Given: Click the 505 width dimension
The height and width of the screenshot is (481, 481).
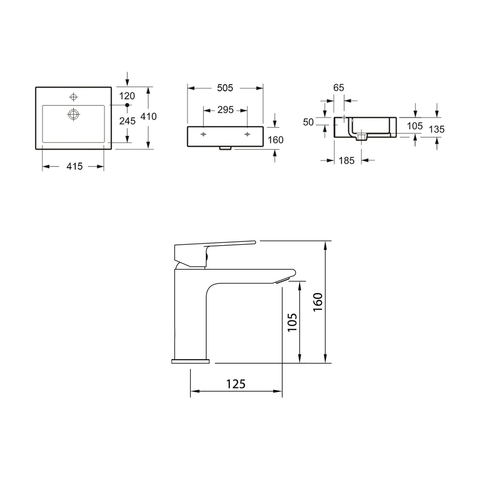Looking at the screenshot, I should (225, 88).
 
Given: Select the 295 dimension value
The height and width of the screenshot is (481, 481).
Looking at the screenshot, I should (225, 110).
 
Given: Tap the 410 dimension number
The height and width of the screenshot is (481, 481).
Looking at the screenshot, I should (148, 116).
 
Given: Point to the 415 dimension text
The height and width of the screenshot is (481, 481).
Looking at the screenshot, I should (75, 166).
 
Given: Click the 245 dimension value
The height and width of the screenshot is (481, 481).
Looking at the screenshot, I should (127, 121).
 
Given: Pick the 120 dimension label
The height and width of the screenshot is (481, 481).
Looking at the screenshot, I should (127, 96).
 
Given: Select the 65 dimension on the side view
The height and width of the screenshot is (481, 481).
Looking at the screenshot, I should (338, 88).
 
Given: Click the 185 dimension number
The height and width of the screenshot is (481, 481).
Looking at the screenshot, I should (346, 160).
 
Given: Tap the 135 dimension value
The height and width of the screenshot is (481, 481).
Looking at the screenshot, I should (437, 129).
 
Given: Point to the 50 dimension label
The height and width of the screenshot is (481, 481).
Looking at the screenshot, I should (308, 122).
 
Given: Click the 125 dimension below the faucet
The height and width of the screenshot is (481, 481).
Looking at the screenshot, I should (236, 384).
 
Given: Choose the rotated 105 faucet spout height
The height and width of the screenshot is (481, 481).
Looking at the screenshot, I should (292, 322).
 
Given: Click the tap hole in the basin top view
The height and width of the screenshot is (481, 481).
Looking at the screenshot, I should (73, 96).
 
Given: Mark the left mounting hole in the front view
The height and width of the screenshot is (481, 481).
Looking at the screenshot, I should (204, 134).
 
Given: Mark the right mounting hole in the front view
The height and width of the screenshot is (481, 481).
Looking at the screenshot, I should (247, 134).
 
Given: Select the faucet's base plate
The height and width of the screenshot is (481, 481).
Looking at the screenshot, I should (190, 361).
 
